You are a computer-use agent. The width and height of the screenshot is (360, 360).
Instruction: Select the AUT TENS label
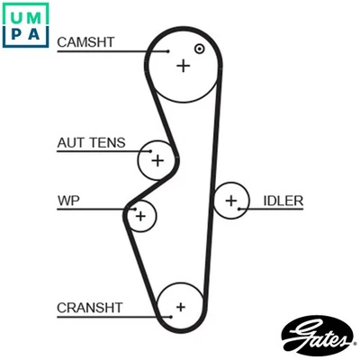91,143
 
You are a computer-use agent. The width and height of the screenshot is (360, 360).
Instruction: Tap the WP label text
68,199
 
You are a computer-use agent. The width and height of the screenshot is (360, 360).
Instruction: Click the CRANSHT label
89,307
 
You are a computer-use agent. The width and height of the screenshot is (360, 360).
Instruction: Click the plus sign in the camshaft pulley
184,66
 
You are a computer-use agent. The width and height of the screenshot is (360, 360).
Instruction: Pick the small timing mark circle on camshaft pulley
199,48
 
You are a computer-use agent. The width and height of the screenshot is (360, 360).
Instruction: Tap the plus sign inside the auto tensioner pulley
157,161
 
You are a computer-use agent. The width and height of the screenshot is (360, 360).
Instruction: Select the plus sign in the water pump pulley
140,215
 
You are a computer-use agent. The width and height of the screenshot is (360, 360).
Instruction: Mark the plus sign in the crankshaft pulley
180,307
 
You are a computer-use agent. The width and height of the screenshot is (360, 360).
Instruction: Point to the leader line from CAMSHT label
112,52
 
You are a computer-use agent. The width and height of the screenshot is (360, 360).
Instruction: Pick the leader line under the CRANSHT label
112,318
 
